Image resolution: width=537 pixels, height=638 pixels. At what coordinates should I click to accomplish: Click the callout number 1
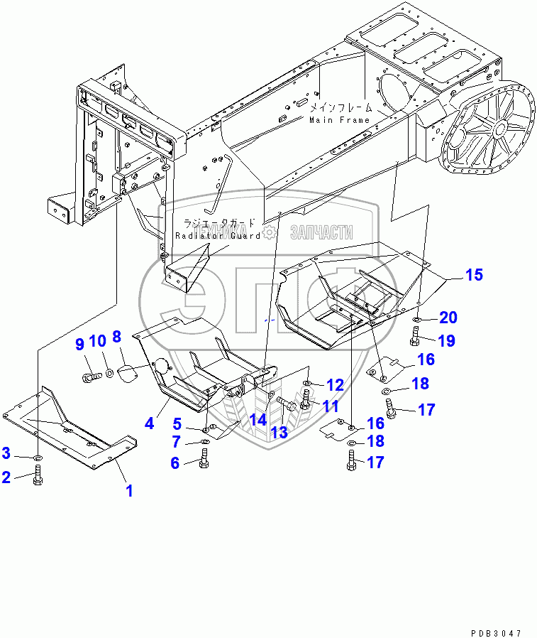129,490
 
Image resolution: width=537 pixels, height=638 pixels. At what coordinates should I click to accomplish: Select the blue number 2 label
6,477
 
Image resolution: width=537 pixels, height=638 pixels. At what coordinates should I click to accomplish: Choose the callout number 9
80,345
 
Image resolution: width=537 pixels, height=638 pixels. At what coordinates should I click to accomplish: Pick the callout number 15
473,274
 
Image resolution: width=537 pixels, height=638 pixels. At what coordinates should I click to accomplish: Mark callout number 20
448,317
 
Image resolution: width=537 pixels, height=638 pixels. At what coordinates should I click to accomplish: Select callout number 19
445,340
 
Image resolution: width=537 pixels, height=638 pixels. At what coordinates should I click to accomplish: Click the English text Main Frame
339,120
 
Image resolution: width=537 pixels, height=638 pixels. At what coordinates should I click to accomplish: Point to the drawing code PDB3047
494,632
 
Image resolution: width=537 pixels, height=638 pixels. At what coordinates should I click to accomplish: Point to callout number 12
334,385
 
